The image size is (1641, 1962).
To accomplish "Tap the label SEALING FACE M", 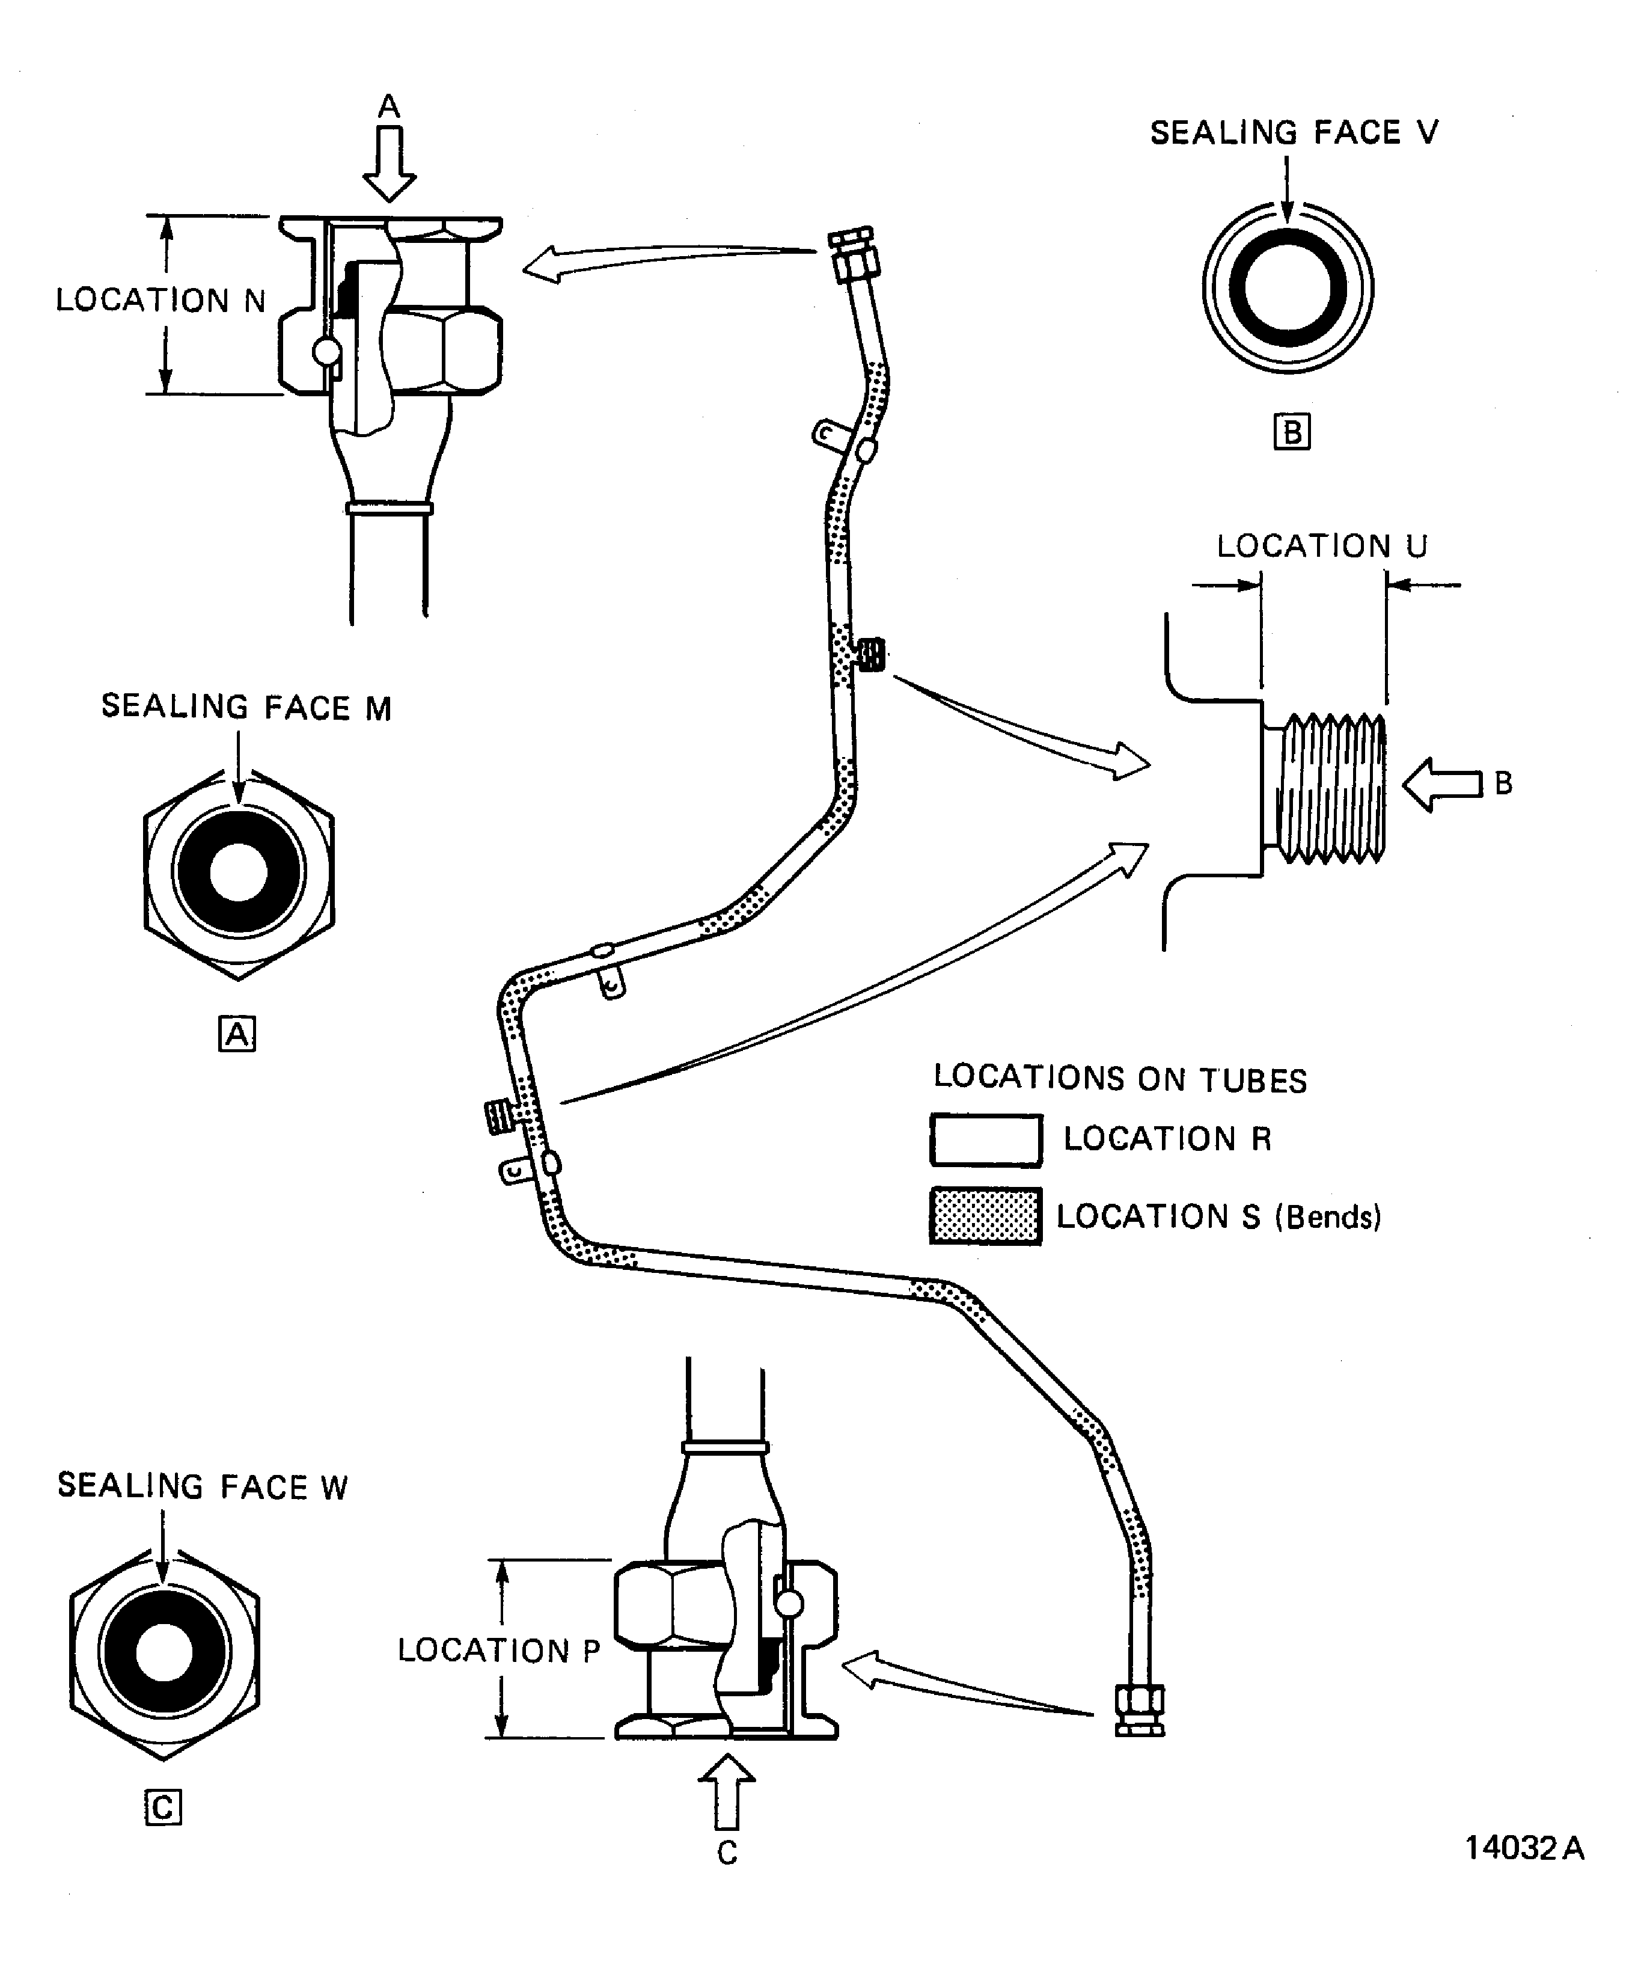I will click(x=246, y=707).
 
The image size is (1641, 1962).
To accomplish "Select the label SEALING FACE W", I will click(x=202, y=1486).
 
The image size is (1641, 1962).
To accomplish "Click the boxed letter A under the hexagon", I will click(x=237, y=1034).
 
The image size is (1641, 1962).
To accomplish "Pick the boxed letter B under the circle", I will click(x=1292, y=432).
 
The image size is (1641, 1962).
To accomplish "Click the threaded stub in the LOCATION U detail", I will click(x=1330, y=788).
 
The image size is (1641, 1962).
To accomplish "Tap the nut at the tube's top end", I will click(x=854, y=254).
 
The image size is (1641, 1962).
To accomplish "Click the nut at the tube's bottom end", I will click(x=1140, y=1711).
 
